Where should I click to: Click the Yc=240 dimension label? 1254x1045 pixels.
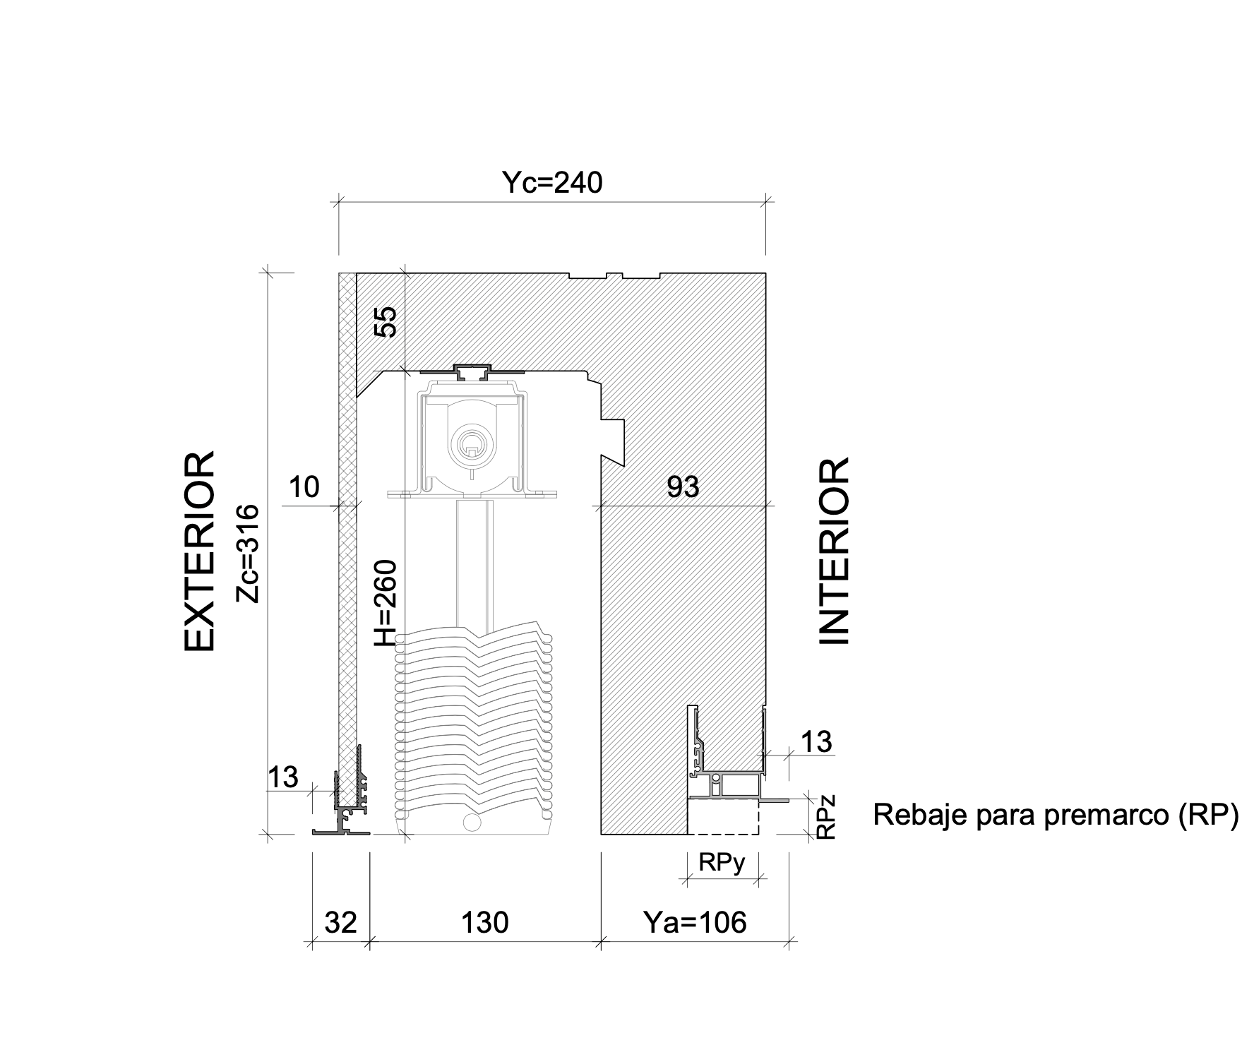point(552,182)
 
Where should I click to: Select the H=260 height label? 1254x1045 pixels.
point(386,603)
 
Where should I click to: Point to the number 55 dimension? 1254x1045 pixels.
point(386,321)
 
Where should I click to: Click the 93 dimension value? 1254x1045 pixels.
point(683,486)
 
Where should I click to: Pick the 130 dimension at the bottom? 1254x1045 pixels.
point(484,922)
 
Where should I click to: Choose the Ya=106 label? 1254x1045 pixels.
point(695,922)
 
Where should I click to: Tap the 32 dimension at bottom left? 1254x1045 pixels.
point(341,922)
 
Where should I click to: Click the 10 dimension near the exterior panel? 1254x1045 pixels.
point(304,486)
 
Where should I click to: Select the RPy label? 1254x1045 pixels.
point(722,863)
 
